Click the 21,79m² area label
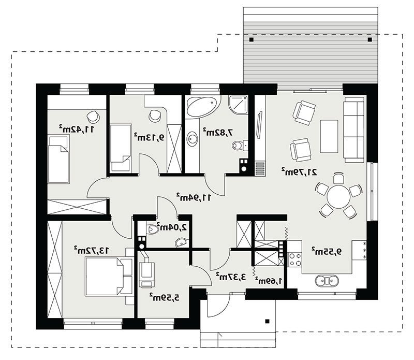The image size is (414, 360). pyautogui.click(x=299, y=172)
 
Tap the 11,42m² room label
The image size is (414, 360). pyautogui.click(x=76, y=129)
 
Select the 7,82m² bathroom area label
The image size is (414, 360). pyautogui.click(x=218, y=132)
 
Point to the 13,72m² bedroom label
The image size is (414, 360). pyautogui.click(x=91, y=250)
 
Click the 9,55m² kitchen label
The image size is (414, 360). pyautogui.click(x=327, y=251)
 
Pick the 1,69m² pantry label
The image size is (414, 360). pyautogui.click(x=269, y=280)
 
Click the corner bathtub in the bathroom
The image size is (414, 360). pyautogui.click(x=203, y=106)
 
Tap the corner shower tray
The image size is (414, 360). pyautogui.click(x=239, y=105)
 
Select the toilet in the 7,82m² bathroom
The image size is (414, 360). pyautogui.click(x=240, y=145)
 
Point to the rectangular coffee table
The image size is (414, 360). pyautogui.click(x=329, y=136)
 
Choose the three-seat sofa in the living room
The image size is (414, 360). pyautogui.click(x=354, y=130)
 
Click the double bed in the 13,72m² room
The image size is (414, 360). pyautogui.click(x=109, y=277)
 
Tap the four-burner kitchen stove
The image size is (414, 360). pyautogui.click(x=294, y=260)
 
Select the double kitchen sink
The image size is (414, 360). pyautogui.click(x=327, y=280)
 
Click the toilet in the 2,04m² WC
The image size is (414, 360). pyautogui.click(x=152, y=229)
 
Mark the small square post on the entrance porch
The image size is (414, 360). pyautogui.click(x=267, y=321)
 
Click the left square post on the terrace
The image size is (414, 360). pyautogui.click(x=252, y=40)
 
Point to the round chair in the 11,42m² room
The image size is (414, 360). pyautogui.click(x=93, y=116)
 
